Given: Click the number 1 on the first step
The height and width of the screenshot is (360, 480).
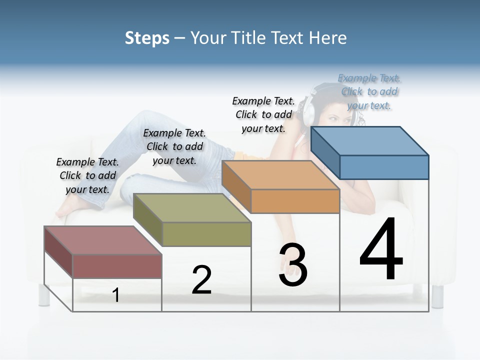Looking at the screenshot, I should click(x=116, y=295).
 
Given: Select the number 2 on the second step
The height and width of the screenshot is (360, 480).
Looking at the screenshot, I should click(x=201, y=280).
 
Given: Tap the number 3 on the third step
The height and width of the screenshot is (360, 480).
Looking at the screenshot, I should click(x=293, y=265).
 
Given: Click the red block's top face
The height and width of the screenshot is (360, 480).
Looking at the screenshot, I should click(x=102, y=240).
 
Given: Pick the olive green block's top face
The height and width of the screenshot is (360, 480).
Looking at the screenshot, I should click(x=191, y=207).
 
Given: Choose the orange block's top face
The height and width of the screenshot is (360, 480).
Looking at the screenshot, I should click(x=280, y=175).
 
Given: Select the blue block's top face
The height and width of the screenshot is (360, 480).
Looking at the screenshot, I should click(x=369, y=140).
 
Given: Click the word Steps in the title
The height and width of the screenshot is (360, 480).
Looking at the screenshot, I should click(x=147, y=38).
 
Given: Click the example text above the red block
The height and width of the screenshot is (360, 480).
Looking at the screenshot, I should click(x=87, y=175).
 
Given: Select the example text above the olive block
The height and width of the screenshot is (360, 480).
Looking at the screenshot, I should click(x=174, y=146).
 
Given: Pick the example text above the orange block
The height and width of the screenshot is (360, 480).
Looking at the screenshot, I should click(x=263, y=114).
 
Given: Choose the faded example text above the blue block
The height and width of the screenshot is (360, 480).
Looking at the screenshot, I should click(x=369, y=91).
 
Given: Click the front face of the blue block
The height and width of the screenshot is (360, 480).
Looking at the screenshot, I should click(x=384, y=167).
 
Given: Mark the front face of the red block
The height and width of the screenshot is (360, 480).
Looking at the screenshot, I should click(x=117, y=266).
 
